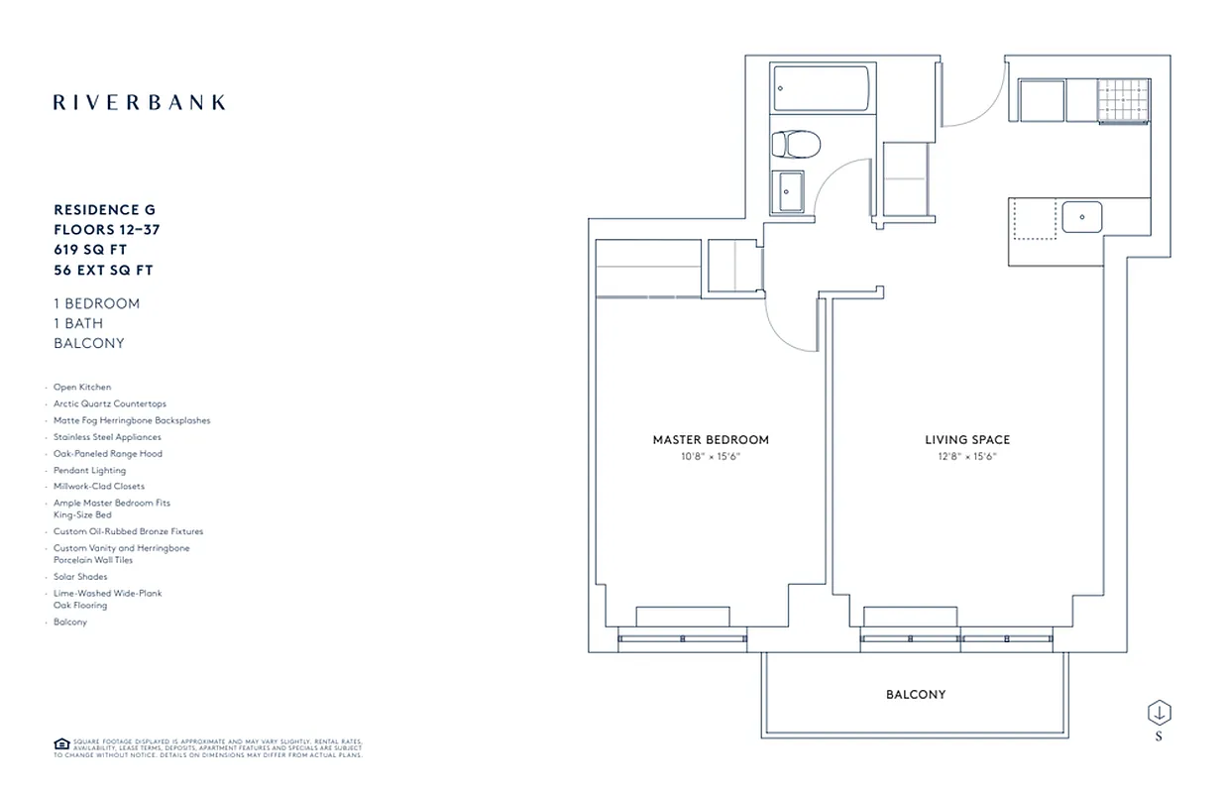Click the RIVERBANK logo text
point(139,102)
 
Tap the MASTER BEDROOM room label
point(711,440)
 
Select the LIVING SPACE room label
point(967,440)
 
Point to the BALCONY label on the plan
point(916,695)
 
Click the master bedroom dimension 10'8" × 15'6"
point(711,456)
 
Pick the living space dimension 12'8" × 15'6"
point(967,456)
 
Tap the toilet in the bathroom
point(795,145)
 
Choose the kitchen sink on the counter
point(1082,216)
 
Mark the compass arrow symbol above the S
point(1159,713)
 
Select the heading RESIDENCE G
point(104,210)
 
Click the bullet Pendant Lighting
point(90,470)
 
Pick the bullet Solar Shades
point(80,577)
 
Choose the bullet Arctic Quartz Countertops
point(110,404)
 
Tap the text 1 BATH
point(78,323)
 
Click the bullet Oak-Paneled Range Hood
point(108,454)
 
